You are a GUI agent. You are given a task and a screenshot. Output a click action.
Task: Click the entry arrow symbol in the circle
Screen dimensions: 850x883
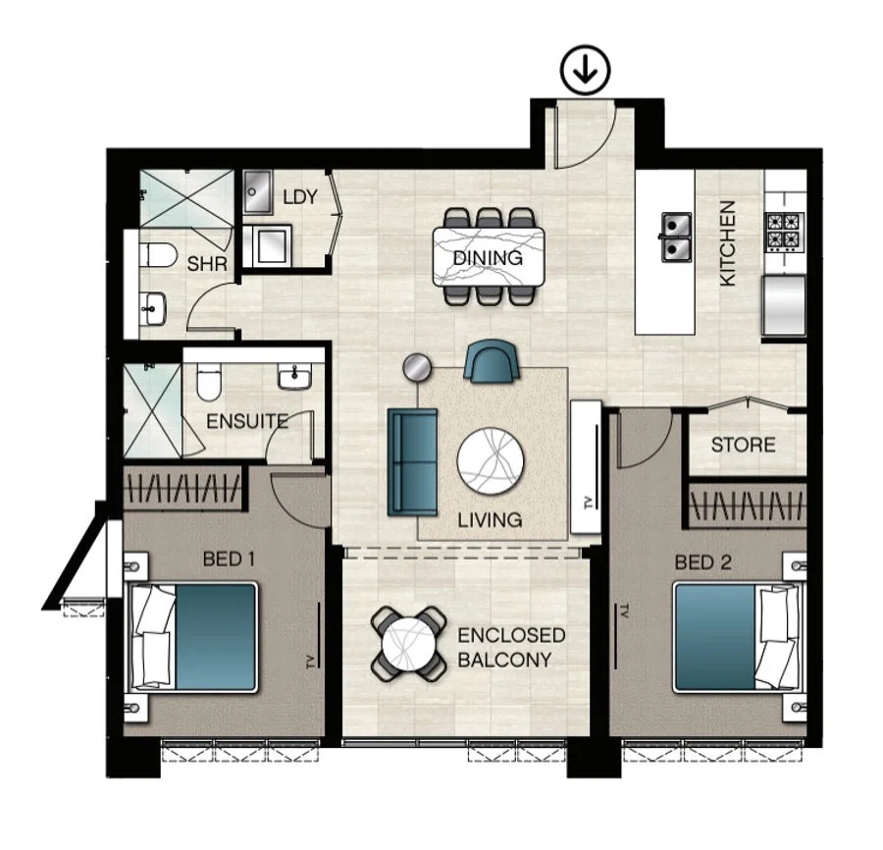click(586, 71)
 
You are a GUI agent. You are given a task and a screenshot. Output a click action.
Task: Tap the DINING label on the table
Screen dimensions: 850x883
click(488, 258)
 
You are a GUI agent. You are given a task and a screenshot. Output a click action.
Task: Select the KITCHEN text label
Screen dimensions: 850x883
click(728, 243)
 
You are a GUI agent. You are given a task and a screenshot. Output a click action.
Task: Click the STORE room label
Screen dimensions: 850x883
click(743, 445)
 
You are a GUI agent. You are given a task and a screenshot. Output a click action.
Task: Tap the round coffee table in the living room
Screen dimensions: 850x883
click(491, 461)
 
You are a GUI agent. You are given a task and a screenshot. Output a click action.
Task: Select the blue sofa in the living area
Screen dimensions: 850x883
click(412, 462)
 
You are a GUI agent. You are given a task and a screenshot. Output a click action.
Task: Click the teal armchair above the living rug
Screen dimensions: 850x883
click(492, 361)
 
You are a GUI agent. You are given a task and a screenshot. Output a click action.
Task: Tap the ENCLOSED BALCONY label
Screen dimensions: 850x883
click(511, 648)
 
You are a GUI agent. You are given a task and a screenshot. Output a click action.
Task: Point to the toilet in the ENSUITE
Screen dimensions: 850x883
click(208, 382)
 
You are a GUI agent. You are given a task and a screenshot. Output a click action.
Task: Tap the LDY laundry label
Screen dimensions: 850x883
click(299, 197)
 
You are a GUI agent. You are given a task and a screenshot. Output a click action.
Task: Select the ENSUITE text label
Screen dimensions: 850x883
click(246, 422)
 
